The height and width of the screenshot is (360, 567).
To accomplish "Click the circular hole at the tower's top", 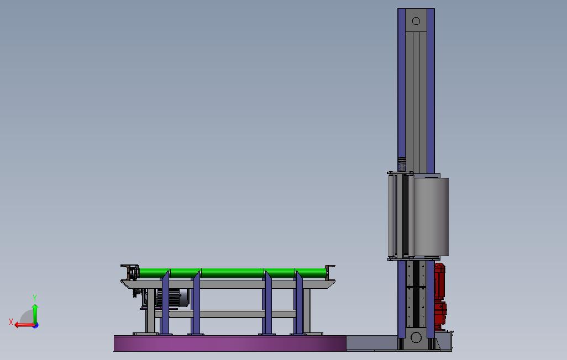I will pyautogui.click(x=416, y=21).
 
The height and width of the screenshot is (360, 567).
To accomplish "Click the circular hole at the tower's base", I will pyautogui.click(x=416, y=337).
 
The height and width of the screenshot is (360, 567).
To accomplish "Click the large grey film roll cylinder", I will pyautogui.click(x=431, y=216).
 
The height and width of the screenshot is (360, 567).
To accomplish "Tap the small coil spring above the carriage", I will pyautogui.click(x=402, y=164).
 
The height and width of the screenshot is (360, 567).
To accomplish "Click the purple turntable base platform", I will pyautogui.click(x=229, y=343).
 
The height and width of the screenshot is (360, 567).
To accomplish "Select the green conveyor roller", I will pyautogui.click(x=232, y=273).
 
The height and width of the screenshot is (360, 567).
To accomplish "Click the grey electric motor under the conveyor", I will pyautogui.click(x=176, y=298).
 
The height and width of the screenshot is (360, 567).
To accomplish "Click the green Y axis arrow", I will pyautogui.click(x=35, y=312).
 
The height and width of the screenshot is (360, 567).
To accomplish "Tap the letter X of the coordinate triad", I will pyautogui.click(x=11, y=322).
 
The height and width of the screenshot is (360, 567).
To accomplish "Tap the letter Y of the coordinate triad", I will pyautogui.click(x=35, y=298).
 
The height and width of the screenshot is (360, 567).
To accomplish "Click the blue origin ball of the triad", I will pyautogui.click(x=35, y=325).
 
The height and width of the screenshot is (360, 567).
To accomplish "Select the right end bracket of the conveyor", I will pyautogui.click(x=330, y=271).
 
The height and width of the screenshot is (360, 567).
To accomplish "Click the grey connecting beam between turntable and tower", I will pyautogui.click(x=371, y=343).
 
